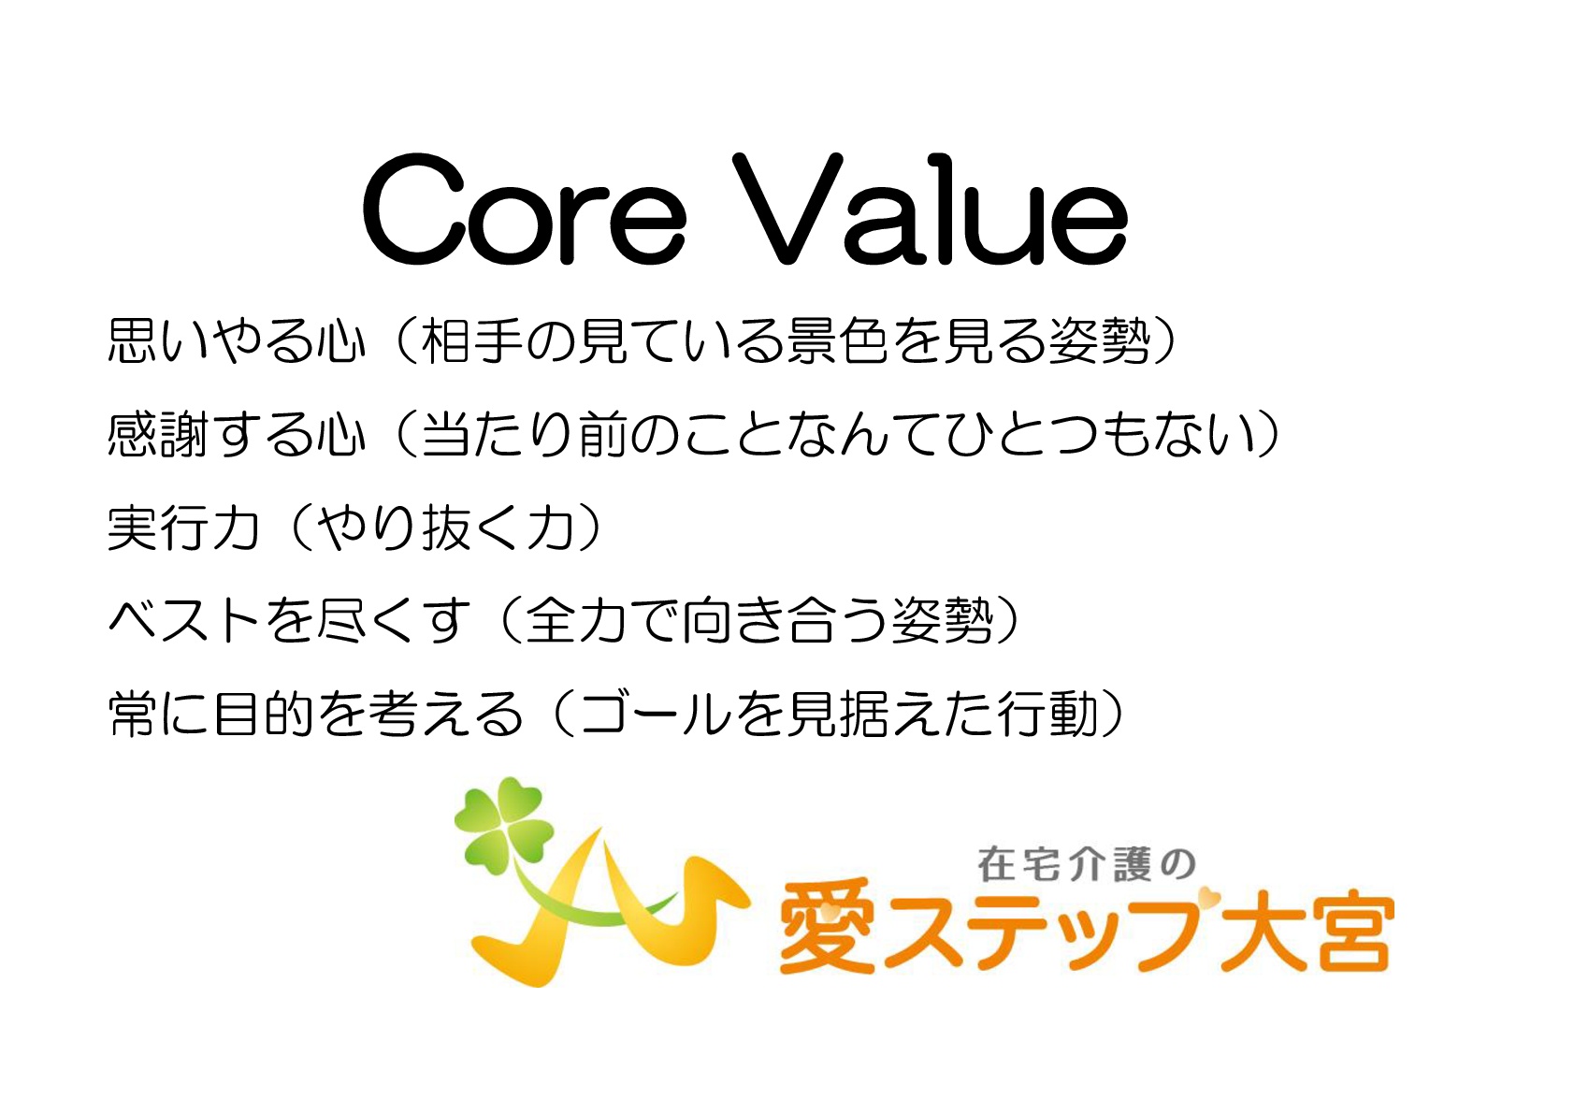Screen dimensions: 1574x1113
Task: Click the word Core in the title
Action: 524,210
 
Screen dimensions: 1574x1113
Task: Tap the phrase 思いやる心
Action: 238,341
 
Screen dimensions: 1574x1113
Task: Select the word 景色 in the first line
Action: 837,341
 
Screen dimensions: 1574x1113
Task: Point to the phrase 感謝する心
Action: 238,434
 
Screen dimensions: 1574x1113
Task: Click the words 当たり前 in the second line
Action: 525,434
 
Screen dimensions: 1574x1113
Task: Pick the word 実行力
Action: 184,527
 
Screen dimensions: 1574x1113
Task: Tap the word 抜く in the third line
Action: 473,527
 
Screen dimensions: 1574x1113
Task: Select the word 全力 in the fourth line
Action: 576,620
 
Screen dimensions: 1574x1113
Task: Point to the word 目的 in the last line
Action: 264,714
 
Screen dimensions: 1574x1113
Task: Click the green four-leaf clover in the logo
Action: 503,826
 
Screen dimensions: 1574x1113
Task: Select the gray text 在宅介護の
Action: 1087,865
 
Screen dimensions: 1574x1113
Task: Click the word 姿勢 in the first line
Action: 1099,341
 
